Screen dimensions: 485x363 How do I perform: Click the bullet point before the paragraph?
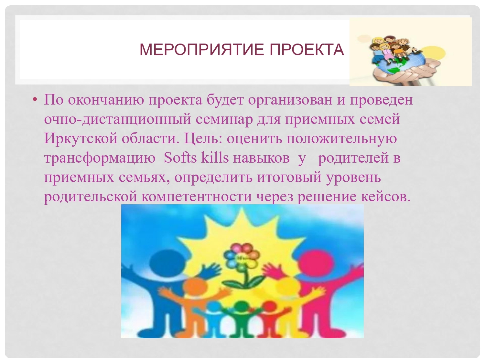coord(35,100)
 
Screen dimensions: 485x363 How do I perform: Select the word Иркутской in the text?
coord(81,139)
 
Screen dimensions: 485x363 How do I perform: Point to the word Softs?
coord(180,158)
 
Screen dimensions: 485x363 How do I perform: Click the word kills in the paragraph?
coord(215,158)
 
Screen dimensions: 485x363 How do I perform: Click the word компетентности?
coord(197,197)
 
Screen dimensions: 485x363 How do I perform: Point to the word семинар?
coord(224,119)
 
